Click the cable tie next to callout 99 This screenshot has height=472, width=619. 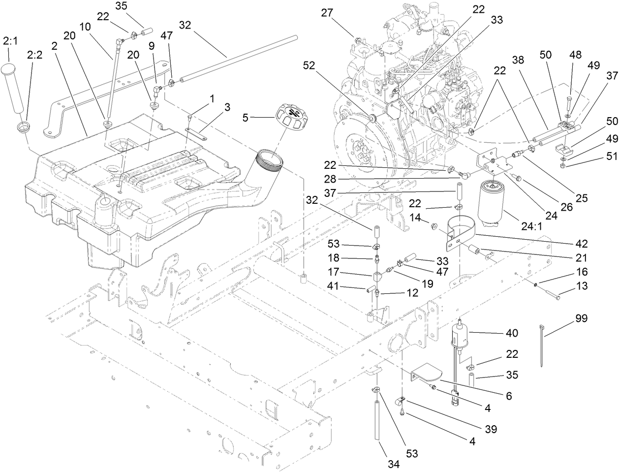click(x=543, y=345)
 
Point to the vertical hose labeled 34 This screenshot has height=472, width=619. click(x=378, y=418)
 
